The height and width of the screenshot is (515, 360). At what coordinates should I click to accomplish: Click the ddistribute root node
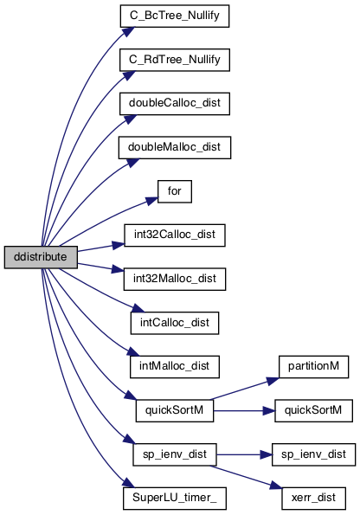[41, 257]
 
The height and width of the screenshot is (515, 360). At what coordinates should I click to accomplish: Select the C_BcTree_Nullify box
[175, 16]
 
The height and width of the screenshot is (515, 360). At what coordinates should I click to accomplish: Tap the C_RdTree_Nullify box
[175, 60]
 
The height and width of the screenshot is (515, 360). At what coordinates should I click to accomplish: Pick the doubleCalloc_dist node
[175, 104]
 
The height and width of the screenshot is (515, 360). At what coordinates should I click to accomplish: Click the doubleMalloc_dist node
[175, 147]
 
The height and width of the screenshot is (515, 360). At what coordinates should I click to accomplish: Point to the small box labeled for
[175, 191]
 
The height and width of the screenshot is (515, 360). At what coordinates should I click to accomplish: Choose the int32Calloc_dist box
[175, 235]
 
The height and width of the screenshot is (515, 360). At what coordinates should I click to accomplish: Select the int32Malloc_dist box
[175, 279]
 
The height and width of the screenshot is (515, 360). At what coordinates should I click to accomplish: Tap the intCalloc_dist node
[175, 323]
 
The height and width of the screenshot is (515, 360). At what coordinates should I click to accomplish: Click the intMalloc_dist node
[175, 366]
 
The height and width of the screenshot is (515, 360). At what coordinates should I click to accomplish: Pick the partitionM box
[313, 366]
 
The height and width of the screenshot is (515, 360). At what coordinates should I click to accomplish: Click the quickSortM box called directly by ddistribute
[175, 410]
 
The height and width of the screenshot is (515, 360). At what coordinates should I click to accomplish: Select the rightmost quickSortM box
[313, 410]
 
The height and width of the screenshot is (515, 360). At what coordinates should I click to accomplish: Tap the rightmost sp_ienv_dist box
[313, 454]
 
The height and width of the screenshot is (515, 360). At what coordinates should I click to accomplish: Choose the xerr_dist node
[313, 499]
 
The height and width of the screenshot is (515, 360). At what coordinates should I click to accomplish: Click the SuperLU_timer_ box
[175, 499]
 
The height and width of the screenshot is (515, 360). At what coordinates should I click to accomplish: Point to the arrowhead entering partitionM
[273, 381]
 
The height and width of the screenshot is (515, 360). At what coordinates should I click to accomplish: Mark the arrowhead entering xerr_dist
[277, 486]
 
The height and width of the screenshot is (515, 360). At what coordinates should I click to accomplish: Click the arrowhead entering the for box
[152, 200]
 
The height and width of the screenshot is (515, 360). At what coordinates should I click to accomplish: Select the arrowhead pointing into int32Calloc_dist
[119, 245]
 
